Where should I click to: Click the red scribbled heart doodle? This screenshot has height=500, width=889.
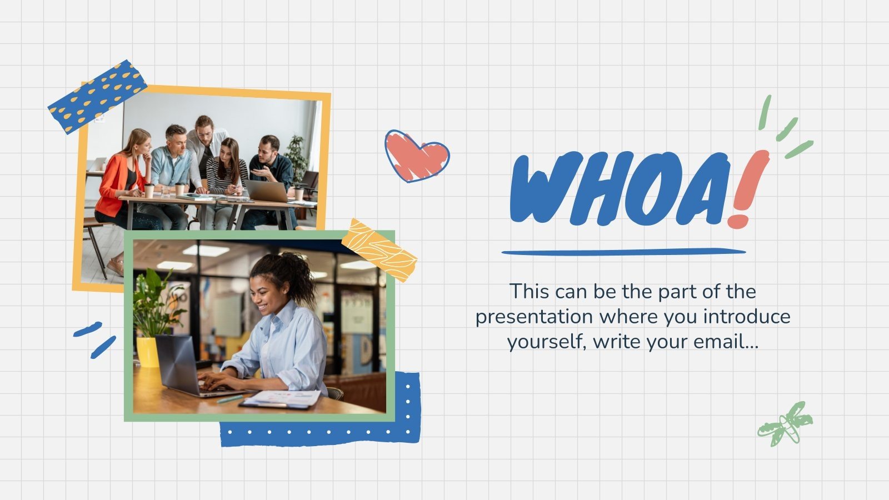click(417, 156)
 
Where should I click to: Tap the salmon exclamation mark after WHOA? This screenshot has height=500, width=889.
click(747, 186)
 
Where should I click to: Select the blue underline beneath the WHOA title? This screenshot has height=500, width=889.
click(623, 252)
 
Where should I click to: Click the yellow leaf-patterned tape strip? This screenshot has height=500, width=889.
click(379, 250)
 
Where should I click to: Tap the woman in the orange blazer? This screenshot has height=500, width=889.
click(119, 178)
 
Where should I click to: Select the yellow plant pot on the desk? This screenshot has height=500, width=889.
click(148, 352)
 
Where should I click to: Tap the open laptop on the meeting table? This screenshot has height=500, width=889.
click(267, 191)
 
